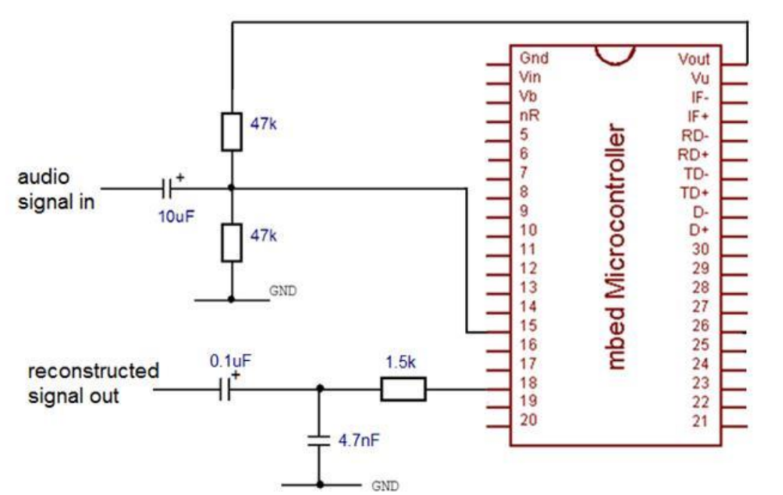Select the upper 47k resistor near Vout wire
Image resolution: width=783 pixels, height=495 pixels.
tap(232, 131)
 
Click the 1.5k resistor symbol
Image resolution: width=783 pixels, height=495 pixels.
tap(404, 390)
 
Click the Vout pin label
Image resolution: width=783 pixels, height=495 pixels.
tap(693, 59)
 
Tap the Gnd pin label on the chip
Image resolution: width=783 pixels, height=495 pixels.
tap(534, 58)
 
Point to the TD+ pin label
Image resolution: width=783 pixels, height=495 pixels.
tap(695, 192)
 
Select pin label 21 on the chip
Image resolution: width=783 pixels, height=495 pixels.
tap(701, 420)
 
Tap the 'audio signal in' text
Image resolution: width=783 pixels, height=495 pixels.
tap(57, 190)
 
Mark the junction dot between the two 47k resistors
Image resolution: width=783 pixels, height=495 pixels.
tap(232, 187)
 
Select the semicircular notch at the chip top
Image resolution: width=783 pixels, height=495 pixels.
tap(615, 53)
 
